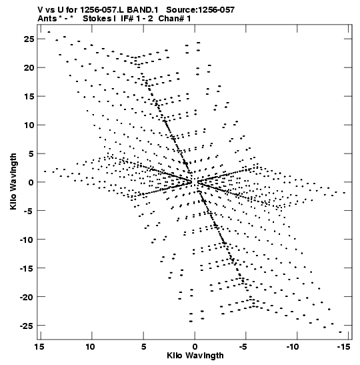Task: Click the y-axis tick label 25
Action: click(x=29, y=39)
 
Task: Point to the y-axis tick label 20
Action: click(x=29, y=68)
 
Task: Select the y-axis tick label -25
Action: click(x=27, y=326)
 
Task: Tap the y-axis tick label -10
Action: click(x=27, y=240)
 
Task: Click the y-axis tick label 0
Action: click(x=31, y=182)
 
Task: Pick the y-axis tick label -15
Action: click(x=27, y=268)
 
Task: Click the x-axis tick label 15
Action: click(x=39, y=347)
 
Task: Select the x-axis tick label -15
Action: click(x=344, y=347)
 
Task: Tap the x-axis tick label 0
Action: click(x=195, y=347)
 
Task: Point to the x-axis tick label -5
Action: click(x=243, y=347)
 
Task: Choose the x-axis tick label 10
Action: click(x=91, y=347)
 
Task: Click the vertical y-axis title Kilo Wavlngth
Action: click(x=13, y=181)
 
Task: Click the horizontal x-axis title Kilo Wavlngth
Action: click(x=195, y=356)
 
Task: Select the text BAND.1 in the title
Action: click(x=143, y=10)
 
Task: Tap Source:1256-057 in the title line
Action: click(x=201, y=10)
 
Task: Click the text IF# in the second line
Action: click(x=127, y=19)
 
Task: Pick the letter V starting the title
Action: click(x=41, y=10)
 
